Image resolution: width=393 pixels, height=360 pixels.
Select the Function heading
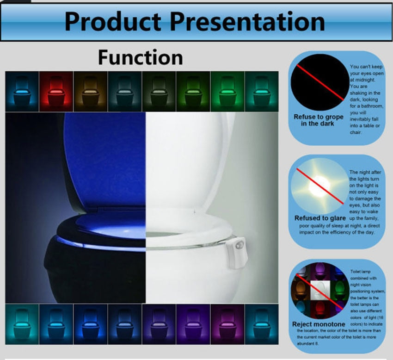(x=140, y=58)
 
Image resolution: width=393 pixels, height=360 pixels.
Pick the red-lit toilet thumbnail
(x=56, y=91)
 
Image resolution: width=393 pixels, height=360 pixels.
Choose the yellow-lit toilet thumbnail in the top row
(x=90, y=91)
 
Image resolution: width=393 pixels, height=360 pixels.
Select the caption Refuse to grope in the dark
(x=319, y=120)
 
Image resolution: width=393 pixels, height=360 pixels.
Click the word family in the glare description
(x=370, y=218)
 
